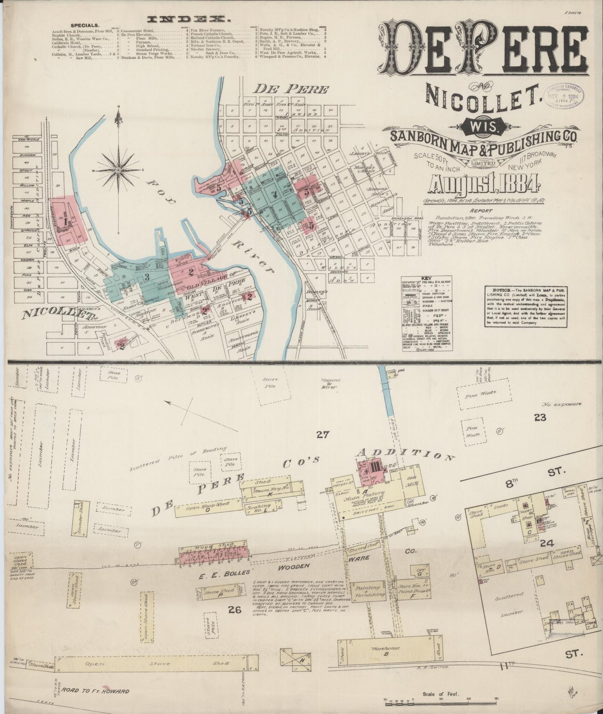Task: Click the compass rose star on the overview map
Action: coord(118,170)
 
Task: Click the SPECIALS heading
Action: coord(85,25)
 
